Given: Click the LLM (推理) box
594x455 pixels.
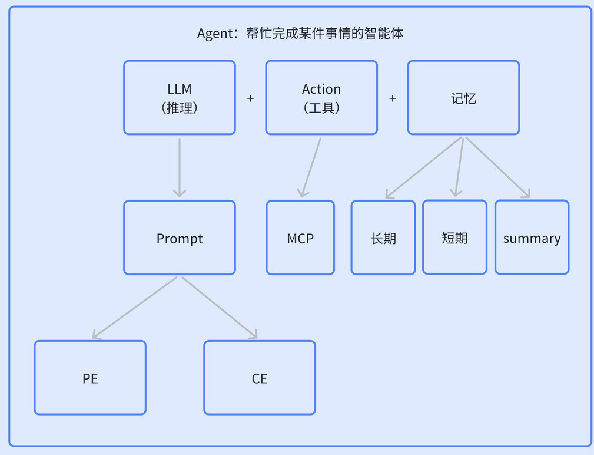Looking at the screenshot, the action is pos(180,97).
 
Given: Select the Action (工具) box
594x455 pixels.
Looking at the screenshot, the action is pos(321,97).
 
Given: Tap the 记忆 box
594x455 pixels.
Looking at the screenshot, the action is pos(464,97).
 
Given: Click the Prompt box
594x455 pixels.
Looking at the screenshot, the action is pos(180,238).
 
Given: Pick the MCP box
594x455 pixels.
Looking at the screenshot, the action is pos(300,238).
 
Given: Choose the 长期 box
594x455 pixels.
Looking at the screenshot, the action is pos(383,238).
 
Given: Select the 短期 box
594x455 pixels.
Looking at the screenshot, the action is pos(454,238).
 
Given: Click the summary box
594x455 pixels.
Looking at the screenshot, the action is pos(532,238).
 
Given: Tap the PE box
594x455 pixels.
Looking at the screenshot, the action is pos(90,378).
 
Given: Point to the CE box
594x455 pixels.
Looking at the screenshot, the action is pos(260,378).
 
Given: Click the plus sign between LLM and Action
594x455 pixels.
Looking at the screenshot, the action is pos(250,98).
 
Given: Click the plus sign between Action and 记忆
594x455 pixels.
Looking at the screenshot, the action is pos(393,98).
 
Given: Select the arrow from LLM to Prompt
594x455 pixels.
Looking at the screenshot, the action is pos(180,167).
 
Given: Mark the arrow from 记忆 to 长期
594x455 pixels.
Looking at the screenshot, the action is pos(423,167).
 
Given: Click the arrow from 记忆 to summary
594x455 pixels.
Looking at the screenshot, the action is pos(498,167).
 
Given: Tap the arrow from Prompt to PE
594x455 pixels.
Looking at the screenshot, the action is pos(135,308).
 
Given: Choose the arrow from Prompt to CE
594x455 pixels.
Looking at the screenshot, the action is pos(220,308).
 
